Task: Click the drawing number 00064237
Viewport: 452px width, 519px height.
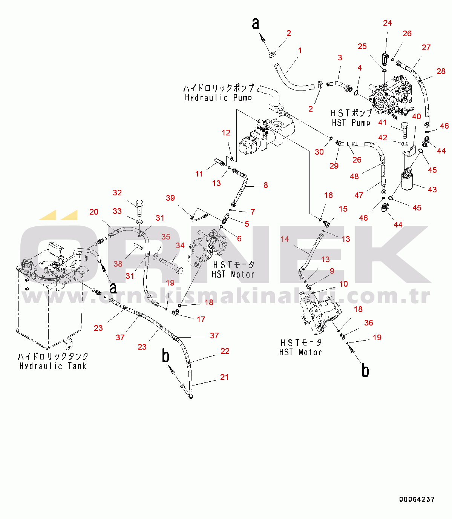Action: click(417, 499)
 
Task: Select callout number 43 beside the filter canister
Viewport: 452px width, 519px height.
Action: click(432, 189)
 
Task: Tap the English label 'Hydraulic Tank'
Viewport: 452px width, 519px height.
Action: click(53, 366)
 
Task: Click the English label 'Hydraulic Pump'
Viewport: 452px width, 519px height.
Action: click(218, 98)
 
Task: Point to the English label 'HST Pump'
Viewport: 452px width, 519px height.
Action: click(351, 123)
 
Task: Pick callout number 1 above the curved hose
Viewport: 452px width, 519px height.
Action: click(300, 51)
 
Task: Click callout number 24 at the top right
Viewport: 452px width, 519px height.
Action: click(388, 23)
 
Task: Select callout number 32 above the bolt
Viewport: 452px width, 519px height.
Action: click(117, 193)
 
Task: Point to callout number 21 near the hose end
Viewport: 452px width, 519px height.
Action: click(224, 377)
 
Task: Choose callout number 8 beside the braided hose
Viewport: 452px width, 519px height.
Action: click(265, 185)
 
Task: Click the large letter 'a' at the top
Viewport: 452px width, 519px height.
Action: click(256, 23)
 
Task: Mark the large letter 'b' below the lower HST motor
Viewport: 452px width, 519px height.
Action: click(365, 371)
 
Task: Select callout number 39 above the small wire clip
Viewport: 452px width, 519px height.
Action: click(170, 198)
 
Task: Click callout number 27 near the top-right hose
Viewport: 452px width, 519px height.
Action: click(426, 48)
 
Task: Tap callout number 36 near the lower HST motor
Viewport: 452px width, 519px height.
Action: click(368, 323)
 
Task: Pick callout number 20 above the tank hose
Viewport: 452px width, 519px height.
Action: click(94, 212)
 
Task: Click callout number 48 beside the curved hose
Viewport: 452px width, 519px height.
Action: click(354, 176)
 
